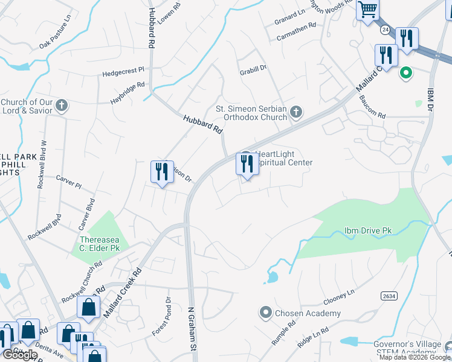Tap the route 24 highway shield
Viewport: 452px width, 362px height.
point(385,29)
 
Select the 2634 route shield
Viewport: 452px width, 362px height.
point(388,296)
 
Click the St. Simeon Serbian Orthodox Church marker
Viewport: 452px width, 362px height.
point(295,111)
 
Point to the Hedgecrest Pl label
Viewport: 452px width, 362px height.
point(123,72)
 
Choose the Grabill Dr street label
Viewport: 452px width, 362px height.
point(252,69)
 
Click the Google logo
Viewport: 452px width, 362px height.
point(19,355)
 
